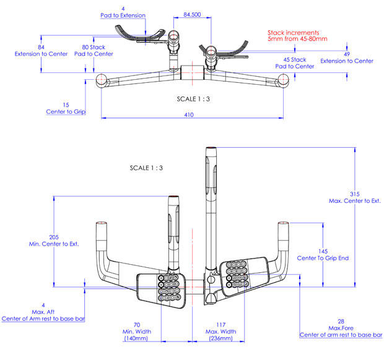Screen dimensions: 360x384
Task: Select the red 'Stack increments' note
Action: (x=297, y=35)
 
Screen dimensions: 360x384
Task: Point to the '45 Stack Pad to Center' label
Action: (x=295, y=63)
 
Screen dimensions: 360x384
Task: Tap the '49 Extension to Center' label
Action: (x=347, y=58)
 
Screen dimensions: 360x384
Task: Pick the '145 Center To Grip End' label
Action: (x=323, y=254)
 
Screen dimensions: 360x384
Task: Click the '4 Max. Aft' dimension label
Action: (x=43, y=312)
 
